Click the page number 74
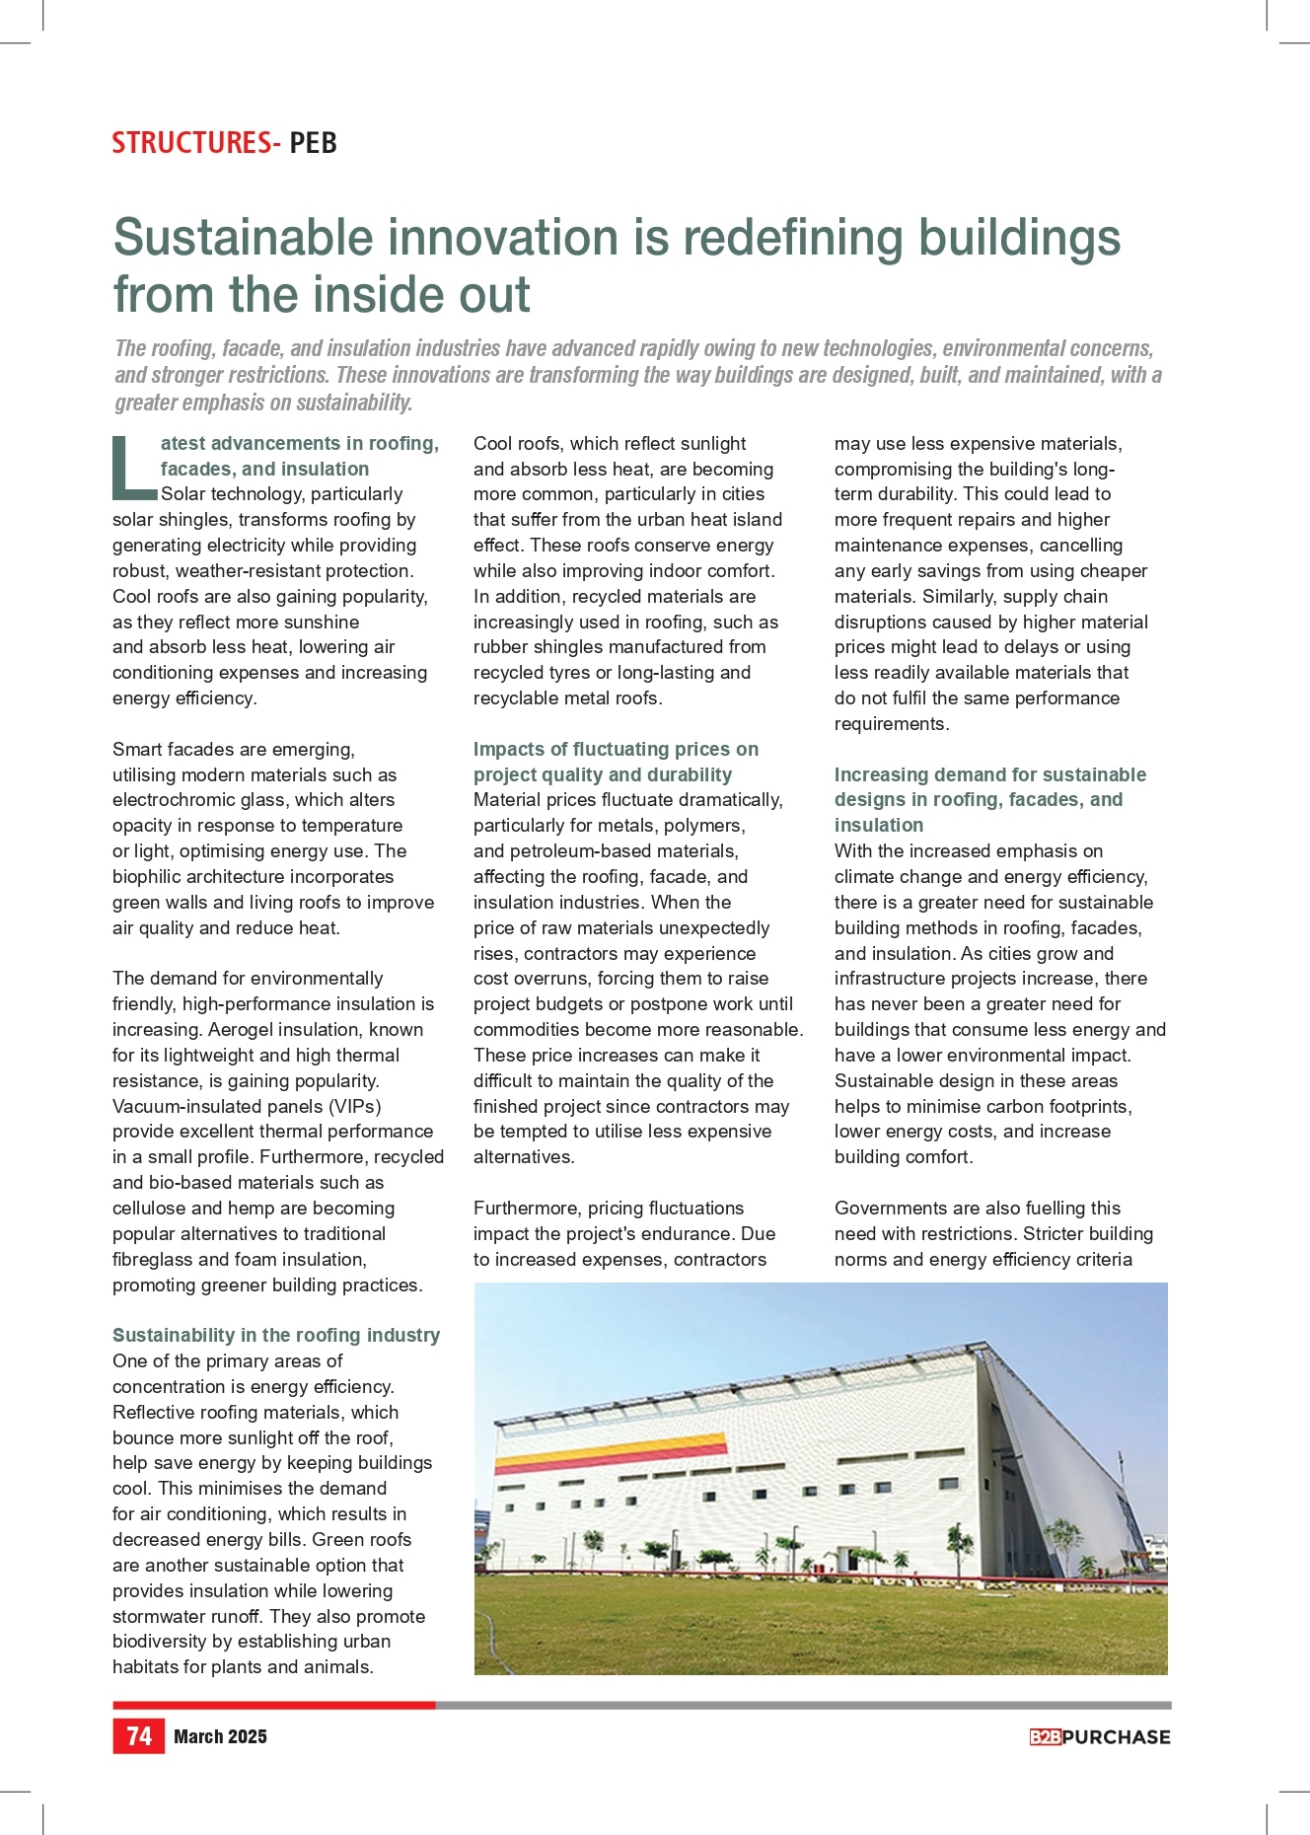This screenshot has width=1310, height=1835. click(139, 1735)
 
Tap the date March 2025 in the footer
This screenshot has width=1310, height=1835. click(220, 1736)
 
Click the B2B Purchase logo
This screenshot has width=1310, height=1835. click(1099, 1737)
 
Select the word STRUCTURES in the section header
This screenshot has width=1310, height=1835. click(190, 143)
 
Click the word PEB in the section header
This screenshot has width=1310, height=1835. click(314, 143)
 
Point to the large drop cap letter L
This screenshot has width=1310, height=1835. click(132, 468)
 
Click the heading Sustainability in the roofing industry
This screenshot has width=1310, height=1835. click(276, 1335)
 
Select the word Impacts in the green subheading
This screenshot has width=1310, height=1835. click(506, 750)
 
